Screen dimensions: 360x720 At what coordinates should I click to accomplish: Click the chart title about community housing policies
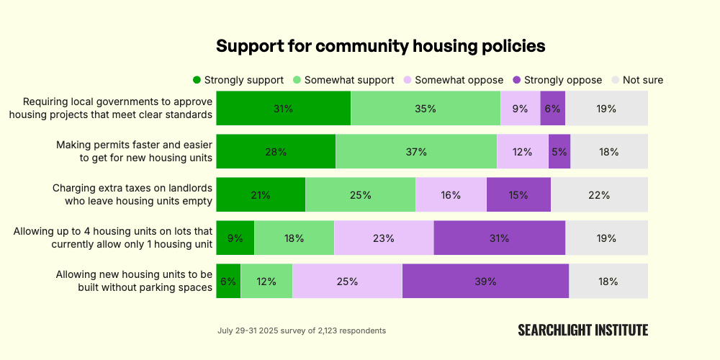pos(381,46)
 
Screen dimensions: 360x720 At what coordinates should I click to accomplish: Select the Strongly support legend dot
pos(197,80)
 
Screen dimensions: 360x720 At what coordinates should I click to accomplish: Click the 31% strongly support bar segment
pos(283,109)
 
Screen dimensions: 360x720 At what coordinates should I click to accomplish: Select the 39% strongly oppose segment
pos(485,282)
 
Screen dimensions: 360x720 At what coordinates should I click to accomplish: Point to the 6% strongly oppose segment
pos(552,109)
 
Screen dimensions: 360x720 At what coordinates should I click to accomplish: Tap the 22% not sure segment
pos(599,195)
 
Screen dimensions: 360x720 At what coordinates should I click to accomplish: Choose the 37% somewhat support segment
pos(416,152)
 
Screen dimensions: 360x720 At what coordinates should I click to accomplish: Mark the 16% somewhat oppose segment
pos(451,195)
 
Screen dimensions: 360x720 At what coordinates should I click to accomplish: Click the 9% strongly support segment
pos(235,238)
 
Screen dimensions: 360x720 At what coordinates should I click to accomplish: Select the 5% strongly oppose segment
pos(559,152)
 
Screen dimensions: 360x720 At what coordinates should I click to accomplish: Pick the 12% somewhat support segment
pos(266,282)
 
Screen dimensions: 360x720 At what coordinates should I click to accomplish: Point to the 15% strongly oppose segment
pos(518,195)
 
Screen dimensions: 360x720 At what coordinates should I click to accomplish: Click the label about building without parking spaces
pos(134,281)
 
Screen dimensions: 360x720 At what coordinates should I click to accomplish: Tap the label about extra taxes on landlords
pos(132,194)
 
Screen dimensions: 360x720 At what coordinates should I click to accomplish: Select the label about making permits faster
pos(134,151)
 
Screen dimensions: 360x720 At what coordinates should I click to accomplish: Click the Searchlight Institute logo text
pos(582,330)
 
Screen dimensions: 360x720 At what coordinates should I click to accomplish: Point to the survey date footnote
pos(302,330)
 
